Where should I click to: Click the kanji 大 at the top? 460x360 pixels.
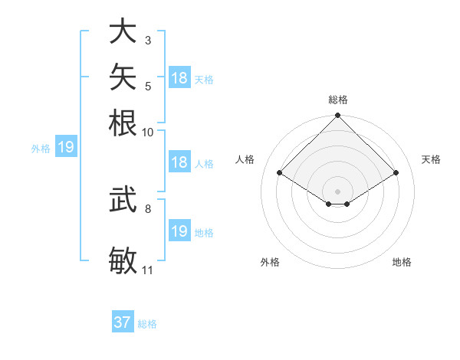click(123, 31)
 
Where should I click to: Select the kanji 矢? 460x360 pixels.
click(123, 77)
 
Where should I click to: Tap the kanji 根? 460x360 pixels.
click(123, 123)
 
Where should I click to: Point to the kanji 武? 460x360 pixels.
click(123, 199)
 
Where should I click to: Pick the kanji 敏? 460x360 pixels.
click(123, 260)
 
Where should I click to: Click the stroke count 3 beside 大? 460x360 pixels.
click(148, 41)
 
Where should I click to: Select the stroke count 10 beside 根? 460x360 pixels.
click(147, 133)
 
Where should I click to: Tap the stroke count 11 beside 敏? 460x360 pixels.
click(147, 270)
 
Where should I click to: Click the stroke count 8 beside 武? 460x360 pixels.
click(148, 209)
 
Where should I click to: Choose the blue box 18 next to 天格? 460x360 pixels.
click(180, 77)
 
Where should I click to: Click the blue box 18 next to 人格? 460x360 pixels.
click(180, 162)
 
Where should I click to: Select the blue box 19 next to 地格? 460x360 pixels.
click(180, 230)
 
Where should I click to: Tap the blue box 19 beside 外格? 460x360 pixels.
click(66, 146)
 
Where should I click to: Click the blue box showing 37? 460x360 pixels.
click(123, 321)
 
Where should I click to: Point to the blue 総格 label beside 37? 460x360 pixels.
click(147, 324)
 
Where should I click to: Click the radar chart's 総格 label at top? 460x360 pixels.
click(338, 100)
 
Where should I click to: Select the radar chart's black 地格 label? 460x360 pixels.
click(402, 262)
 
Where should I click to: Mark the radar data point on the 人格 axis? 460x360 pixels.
click(280, 172)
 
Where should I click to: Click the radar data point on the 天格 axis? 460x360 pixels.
click(396, 172)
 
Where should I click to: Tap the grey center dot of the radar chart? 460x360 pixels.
click(337, 191)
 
